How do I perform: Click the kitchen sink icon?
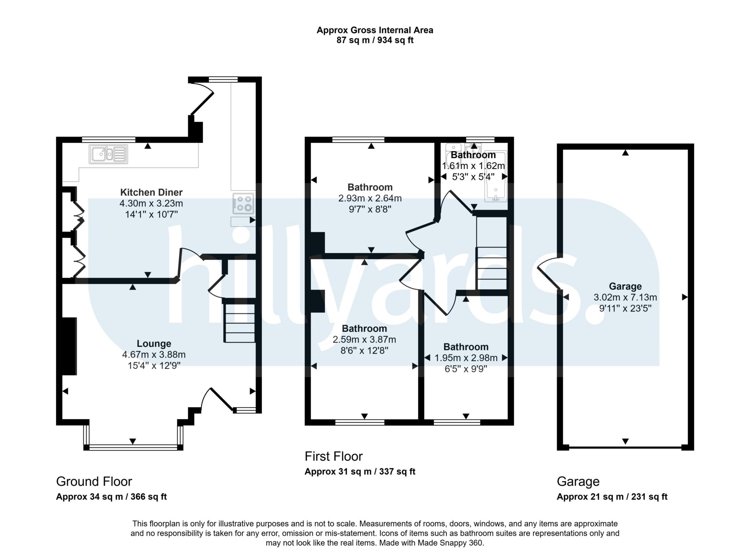pyautogui.click(x=108, y=154)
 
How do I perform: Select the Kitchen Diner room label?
pyautogui.click(x=151, y=192)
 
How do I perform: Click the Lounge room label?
pyautogui.click(x=154, y=343)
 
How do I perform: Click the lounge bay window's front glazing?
pyautogui.click(x=133, y=447)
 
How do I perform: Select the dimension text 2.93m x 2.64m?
pyautogui.click(x=370, y=198)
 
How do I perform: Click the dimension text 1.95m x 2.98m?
pyautogui.click(x=466, y=358)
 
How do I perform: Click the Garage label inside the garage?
pyautogui.click(x=625, y=286)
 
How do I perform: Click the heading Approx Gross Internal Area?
pyautogui.click(x=375, y=30)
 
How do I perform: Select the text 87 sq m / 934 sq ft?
pyautogui.click(x=375, y=40)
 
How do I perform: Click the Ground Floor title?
pyautogui.click(x=94, y=481)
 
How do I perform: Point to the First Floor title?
pyautogui.click(x=333, y=456)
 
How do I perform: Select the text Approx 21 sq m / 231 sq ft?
pyautogui.click(x=612, y=497)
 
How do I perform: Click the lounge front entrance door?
pyautogui.click(x=218, y=399)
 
